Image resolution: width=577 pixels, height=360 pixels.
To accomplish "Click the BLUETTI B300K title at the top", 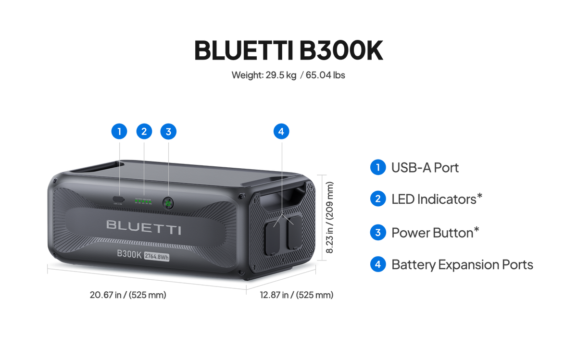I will click(x=288, y=50).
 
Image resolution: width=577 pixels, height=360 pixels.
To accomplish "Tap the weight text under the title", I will click(x=288, y=75).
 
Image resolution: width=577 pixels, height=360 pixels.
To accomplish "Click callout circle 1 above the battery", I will click(x=119, y=131).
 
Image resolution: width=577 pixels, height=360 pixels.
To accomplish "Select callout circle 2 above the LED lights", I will click(x=144, y=131).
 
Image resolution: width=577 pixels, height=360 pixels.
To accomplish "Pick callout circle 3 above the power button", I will click(x=168, y=131).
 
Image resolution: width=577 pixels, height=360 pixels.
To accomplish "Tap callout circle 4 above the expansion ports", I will click(x=281, y=131).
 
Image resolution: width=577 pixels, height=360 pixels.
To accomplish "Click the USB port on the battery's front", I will click(x=118, y=199).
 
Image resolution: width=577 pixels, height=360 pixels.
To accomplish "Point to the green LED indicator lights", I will click(x=143, y=201).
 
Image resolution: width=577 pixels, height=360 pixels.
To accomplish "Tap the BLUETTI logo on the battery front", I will click(x=144, y=227).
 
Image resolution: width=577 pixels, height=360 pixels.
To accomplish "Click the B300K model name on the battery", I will click(x=129, y=255).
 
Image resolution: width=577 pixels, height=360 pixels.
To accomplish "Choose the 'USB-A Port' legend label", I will click(x=425, y=168).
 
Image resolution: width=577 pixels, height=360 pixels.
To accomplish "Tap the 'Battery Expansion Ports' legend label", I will click(x=462, y=264).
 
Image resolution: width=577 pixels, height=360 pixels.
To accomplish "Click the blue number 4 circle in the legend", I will click(x=378, y=264).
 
